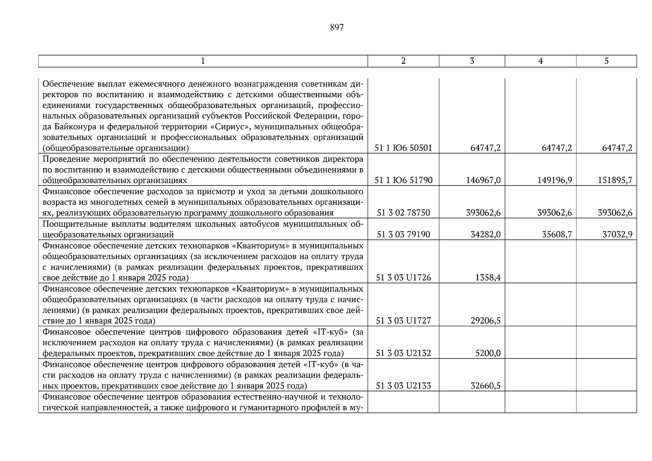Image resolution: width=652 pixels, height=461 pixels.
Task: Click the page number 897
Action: point(337,27)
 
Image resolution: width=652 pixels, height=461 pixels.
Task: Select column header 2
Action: point(403,61)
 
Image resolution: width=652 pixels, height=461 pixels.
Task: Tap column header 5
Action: point(606,61)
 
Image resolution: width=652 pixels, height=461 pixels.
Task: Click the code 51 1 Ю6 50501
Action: point(403,148)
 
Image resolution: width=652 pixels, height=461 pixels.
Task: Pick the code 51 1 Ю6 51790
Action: point(403,180)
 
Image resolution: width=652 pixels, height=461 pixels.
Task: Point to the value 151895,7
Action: point(615,180)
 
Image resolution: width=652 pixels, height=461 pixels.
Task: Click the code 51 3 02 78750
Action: point(403,213)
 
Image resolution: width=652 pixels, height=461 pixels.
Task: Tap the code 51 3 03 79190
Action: point(403,234)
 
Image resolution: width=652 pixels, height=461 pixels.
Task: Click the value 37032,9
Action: point(617,234)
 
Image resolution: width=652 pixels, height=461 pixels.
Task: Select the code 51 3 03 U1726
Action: point(403,278)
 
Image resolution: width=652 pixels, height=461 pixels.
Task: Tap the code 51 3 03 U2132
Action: point(403,353)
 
